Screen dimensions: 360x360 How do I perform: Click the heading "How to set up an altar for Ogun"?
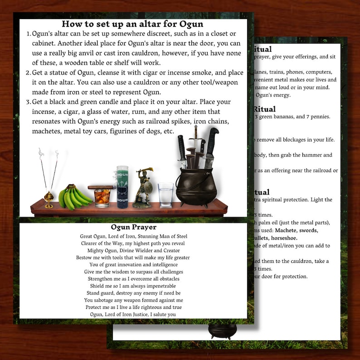(132, 24)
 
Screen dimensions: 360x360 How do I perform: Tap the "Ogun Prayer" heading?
(133, 227)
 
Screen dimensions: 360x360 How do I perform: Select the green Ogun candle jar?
(122, 187)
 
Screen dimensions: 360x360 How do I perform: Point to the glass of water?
(165, 195)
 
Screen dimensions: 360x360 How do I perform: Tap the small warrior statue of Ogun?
(143, 188)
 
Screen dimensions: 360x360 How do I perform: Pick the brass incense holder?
(49, 199)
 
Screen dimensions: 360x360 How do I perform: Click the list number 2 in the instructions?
(29, 73)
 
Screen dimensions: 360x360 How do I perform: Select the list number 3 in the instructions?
(29, 102)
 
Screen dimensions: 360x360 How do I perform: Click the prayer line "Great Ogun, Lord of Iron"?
(133, 236)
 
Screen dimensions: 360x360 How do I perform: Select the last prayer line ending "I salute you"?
(133, 314)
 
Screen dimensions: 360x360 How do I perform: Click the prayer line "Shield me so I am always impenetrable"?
(133, 286)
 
